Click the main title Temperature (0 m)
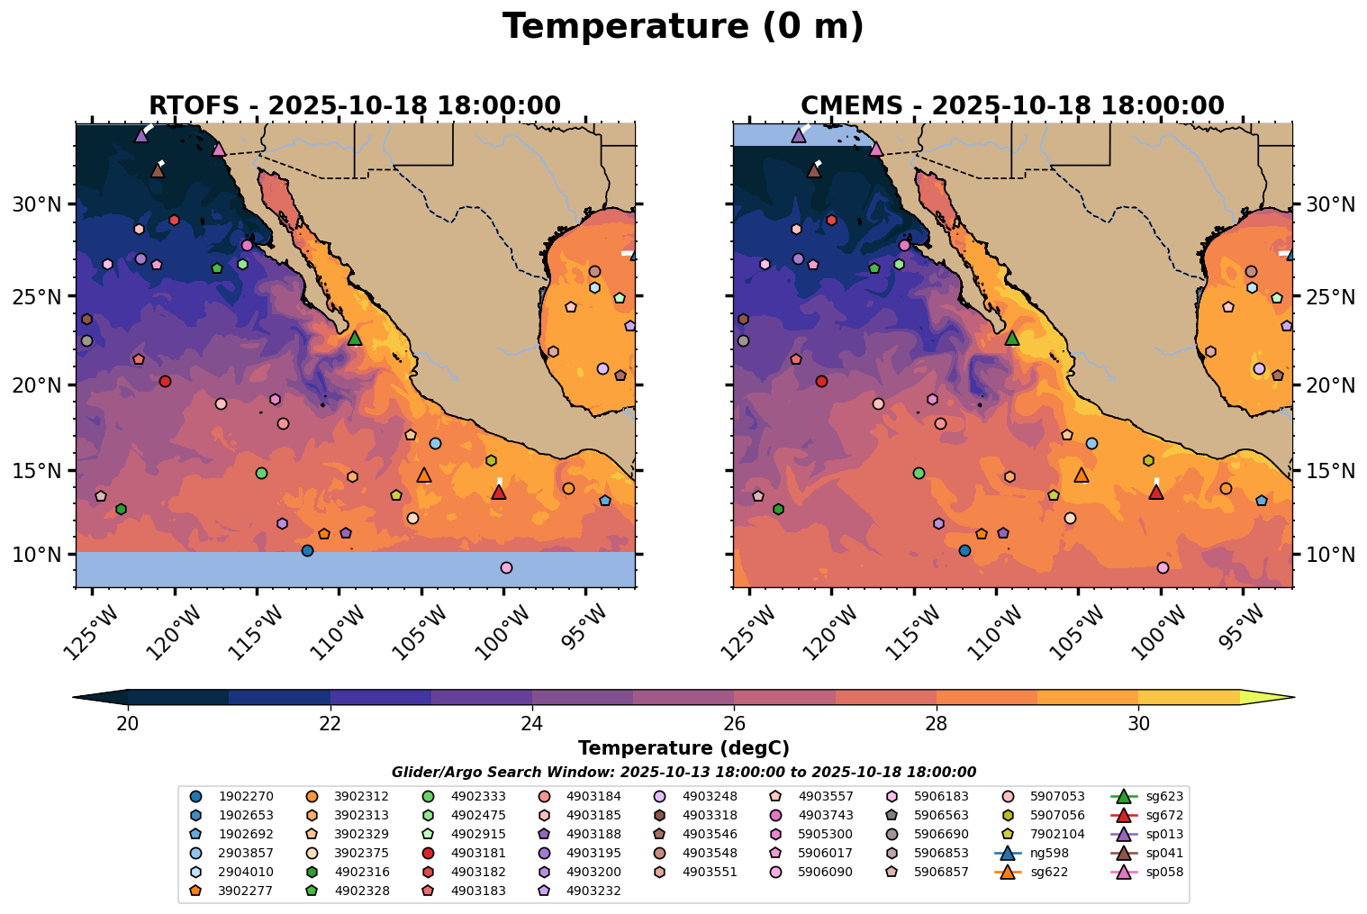point(683,27)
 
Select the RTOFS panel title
point(355,106)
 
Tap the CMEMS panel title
point(1012,106)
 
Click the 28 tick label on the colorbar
point(937,724)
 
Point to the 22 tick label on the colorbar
point(330,724)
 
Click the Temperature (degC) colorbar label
point(683,748)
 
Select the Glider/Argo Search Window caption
point(683,773)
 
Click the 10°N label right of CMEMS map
point(1330,555)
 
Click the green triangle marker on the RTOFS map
point(355,338)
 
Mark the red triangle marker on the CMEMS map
point(1156,492)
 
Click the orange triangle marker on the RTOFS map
point(424,475)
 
